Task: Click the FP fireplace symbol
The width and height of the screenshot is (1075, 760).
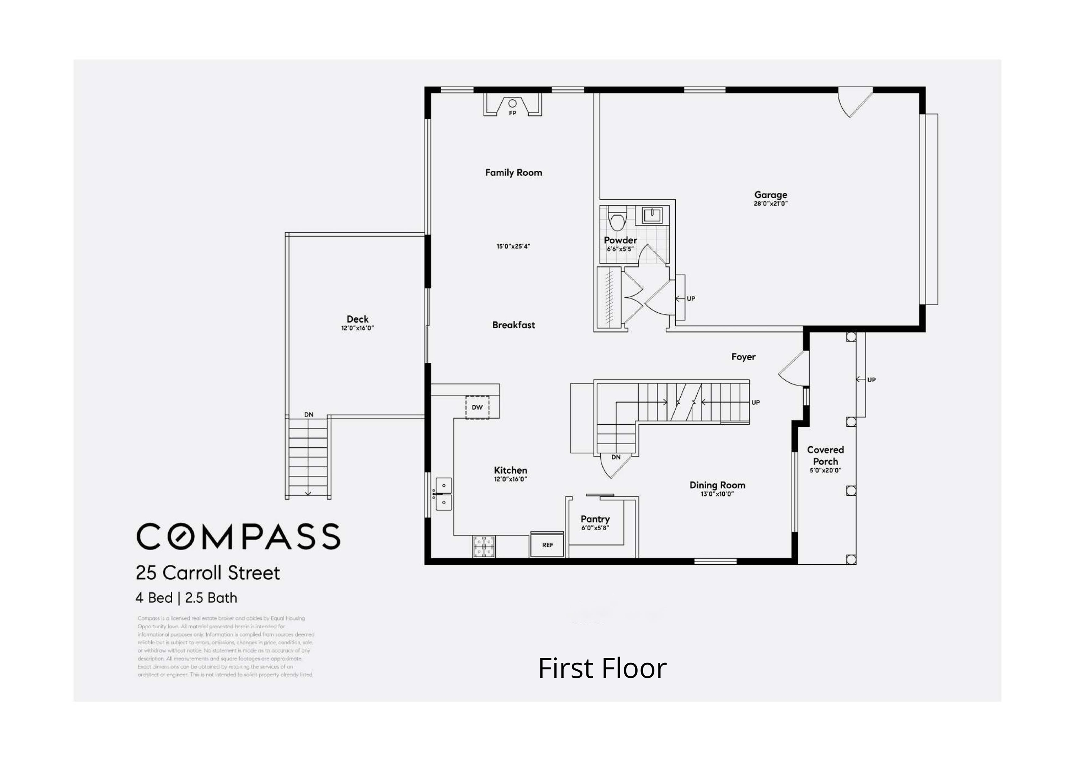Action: pos(512,106)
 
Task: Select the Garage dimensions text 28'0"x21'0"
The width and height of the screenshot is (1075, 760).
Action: pos(770,204)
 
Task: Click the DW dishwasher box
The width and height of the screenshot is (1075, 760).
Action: pos(477,407)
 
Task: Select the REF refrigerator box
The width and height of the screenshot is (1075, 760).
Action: pos(547,545)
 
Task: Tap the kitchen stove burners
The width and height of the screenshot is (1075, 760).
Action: pos(484,546)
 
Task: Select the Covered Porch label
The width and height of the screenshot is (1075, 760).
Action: pos(825,455)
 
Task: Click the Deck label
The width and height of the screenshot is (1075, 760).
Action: pos(357,319)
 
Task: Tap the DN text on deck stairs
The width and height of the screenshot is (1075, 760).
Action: pos(309,414)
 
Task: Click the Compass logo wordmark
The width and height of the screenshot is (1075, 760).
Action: pos(238,537)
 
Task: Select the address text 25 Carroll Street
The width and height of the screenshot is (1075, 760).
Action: pos(208,573)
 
